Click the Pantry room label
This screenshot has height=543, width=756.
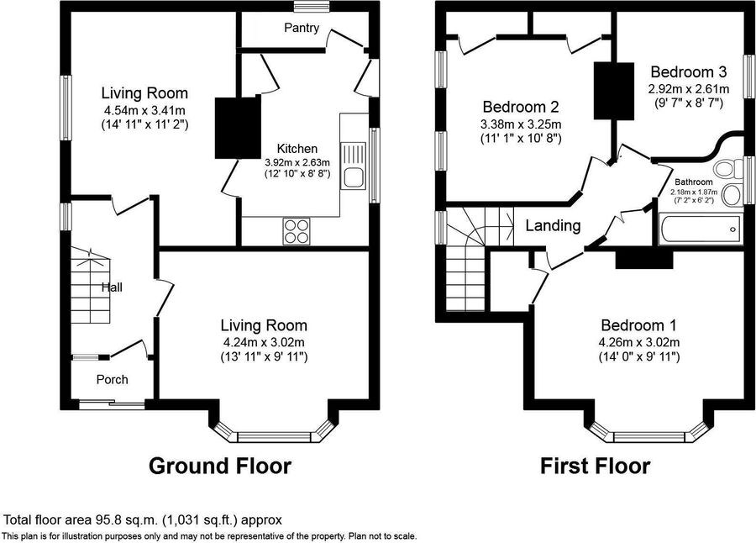[x=302, y=28]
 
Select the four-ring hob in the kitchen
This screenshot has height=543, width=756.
[x=297, y=231]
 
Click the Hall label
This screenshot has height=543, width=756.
[x=112, y=287]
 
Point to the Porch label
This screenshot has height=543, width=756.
[x=113, y=379]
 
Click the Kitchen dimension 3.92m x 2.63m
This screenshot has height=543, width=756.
[x=297, y=162]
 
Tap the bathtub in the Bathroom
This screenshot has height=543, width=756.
[x=700, y=230]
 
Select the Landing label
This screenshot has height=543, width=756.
[x=553, y=225]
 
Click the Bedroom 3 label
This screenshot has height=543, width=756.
[x=689, y=72]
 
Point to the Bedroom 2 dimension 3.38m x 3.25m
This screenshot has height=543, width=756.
[x=521, y=124]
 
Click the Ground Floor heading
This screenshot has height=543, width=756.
[x=220, y=466]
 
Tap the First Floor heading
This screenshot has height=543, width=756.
[x=595, y=466]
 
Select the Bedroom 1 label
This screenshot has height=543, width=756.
[x=639, y=325]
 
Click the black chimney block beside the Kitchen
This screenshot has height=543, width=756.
[x=238, y=127]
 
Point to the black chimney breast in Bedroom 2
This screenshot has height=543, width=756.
[x=614, y=91]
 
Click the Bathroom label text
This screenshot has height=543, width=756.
[x=693, y=182]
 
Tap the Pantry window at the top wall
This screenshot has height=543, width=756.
[x=312, y=6]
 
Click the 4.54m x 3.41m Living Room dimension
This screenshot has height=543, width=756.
[x=144, y=109]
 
